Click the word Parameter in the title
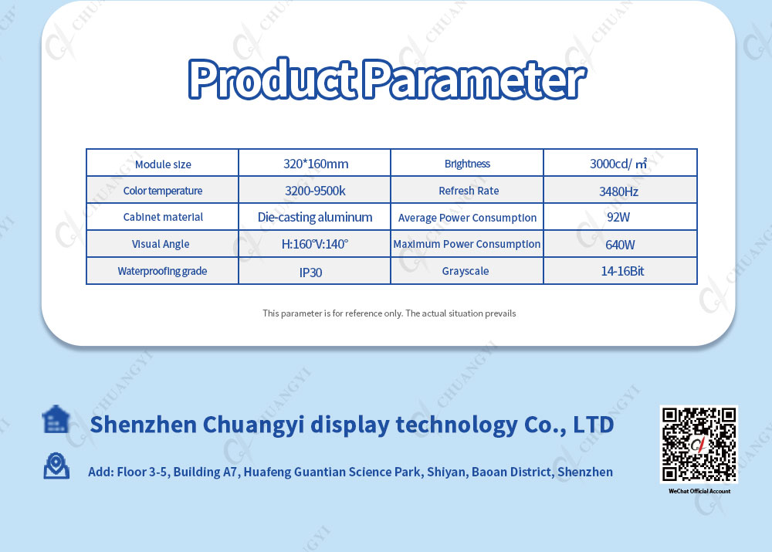point(475,80)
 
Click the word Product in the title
point(273,78)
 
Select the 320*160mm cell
point(315,162)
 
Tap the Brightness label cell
point(467,162)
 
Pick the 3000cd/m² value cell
point(621,162)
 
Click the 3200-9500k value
point(315,191)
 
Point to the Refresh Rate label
point(469,191)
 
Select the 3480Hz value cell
point(621,190)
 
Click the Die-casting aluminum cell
point(315,217)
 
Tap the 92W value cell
point(621,217)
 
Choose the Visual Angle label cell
point(162,244)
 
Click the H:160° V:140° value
point(315,244)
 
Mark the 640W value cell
point(621,244)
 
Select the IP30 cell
point(315,271)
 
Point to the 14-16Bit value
point(622,271)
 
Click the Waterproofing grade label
point(162,271)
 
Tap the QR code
point(699,444)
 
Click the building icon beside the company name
point(56,419)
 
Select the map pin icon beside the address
point(56,466)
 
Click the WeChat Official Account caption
point(699,491)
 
